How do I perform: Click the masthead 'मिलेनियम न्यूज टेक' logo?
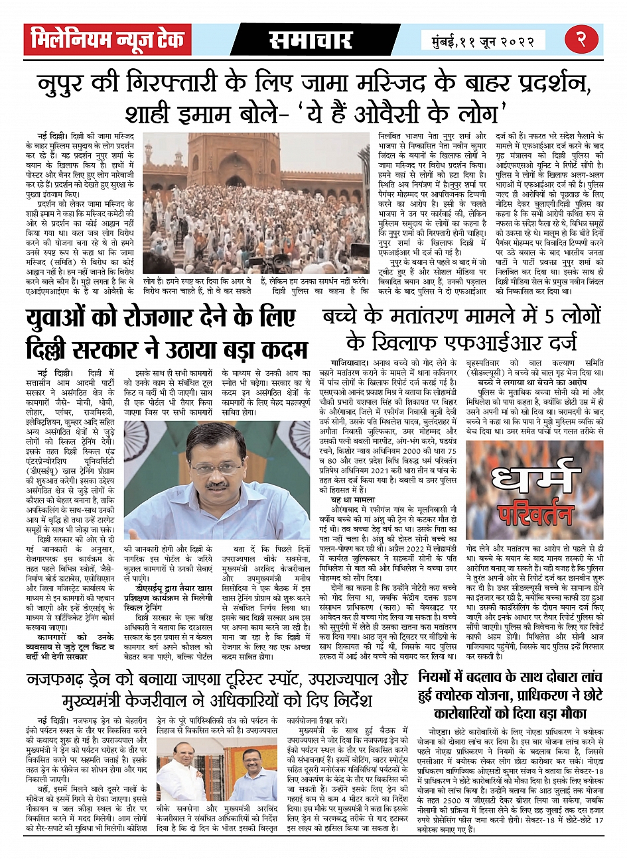106,40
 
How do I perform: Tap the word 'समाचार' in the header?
310,40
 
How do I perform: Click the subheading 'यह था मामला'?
354,499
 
